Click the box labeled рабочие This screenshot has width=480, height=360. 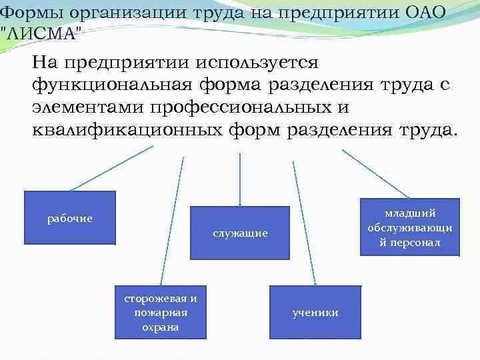(x=69, y=218)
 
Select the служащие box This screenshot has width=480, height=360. (x=240, y=233)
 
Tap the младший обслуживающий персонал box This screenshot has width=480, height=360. (x=409, y=227)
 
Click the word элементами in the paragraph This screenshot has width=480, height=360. (x=87, y=107)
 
